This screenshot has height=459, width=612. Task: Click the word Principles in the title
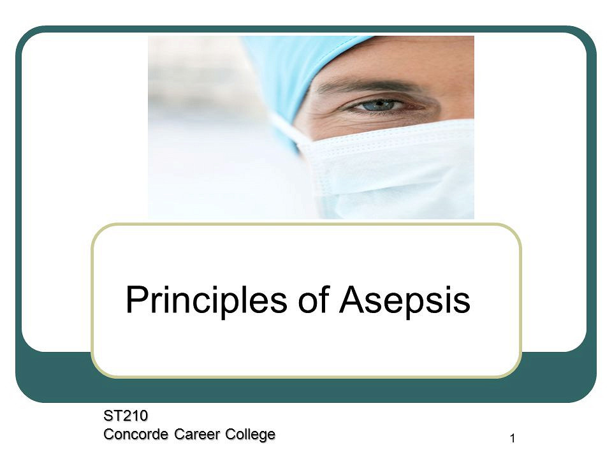207,300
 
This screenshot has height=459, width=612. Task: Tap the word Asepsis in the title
405,300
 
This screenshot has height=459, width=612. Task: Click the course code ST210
126,416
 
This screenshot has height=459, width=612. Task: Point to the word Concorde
136,434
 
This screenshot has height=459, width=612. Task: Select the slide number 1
513,439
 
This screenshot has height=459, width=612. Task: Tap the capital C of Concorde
108,434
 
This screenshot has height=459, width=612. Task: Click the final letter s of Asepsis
462,302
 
